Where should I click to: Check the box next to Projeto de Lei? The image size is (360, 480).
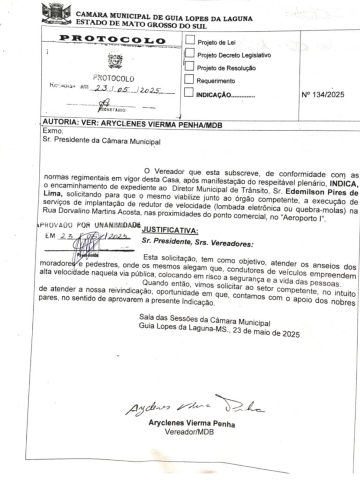[190, 40]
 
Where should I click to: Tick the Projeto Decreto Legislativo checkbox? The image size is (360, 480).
[190, 53]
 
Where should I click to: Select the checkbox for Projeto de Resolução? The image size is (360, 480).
[190, 66]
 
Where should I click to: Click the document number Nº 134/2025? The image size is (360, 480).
[323, 95]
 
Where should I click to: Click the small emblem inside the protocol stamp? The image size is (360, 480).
[115, 60]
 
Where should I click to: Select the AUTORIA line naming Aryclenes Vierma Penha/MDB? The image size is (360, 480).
[132, 125]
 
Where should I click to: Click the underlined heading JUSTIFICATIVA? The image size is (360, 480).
[170, 230]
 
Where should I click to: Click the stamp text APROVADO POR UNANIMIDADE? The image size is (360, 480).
[89, 225]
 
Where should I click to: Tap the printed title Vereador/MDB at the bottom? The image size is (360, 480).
[189, 432]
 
